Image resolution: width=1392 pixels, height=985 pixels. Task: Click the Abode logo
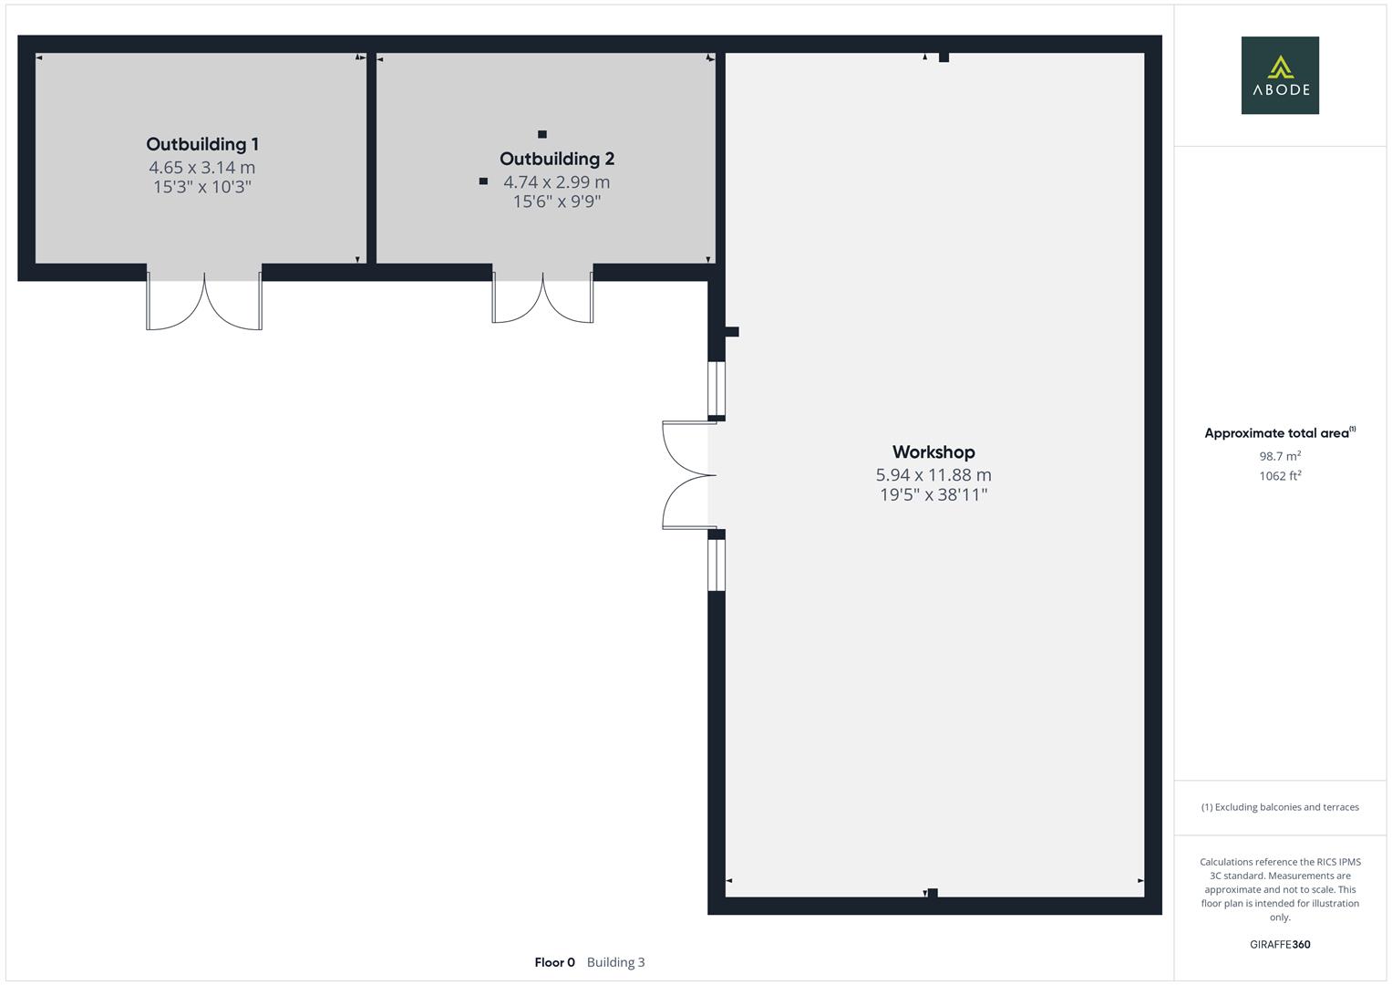pyautogui.click(x=1279, y=75)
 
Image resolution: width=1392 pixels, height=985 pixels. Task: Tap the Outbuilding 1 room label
pyautogui.click(x=202, y=144)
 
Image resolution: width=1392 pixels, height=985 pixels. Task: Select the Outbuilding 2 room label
pyautogui.click(x=557, y=159)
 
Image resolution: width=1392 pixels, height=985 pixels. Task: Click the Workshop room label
pyautogui.click(x=933, y=452)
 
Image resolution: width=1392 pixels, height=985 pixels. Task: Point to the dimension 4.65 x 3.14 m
pyautogui.click(x=202, y=168)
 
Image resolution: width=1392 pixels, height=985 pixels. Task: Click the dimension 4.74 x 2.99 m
pyautogui.click(x=557, y=182)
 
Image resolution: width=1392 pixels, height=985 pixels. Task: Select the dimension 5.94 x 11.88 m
pyautogui.click(x=933, y=475)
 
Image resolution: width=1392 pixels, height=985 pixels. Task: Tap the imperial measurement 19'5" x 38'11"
pyautogui.click(x=933, y=495)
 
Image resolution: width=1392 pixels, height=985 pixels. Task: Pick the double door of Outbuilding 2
pyautogui.click(x=542, y=296)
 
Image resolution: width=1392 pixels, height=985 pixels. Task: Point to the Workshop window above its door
pyautogui.click(x=717, y=389)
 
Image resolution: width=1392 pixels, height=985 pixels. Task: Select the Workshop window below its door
pyautogui.click(x=717, y=565)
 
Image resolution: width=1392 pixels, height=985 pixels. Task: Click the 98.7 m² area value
pyautogui.click(x=1280, y=456)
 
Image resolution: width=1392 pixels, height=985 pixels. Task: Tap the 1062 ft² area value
pyautogui.click(x=1280, y=476)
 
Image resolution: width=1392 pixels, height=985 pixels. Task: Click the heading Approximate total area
pyautogui.click(x=1279, y=433)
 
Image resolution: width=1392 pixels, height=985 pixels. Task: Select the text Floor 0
pyautogui.click(x=554, y=962)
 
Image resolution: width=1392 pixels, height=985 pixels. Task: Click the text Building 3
pyautogui.click(x=615, y=962)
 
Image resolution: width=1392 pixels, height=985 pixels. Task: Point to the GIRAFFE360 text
pyautogui.click(x=1280, y=945)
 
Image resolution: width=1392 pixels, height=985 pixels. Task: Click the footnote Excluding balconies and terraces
pyautogui.click(x=1280, y=807)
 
